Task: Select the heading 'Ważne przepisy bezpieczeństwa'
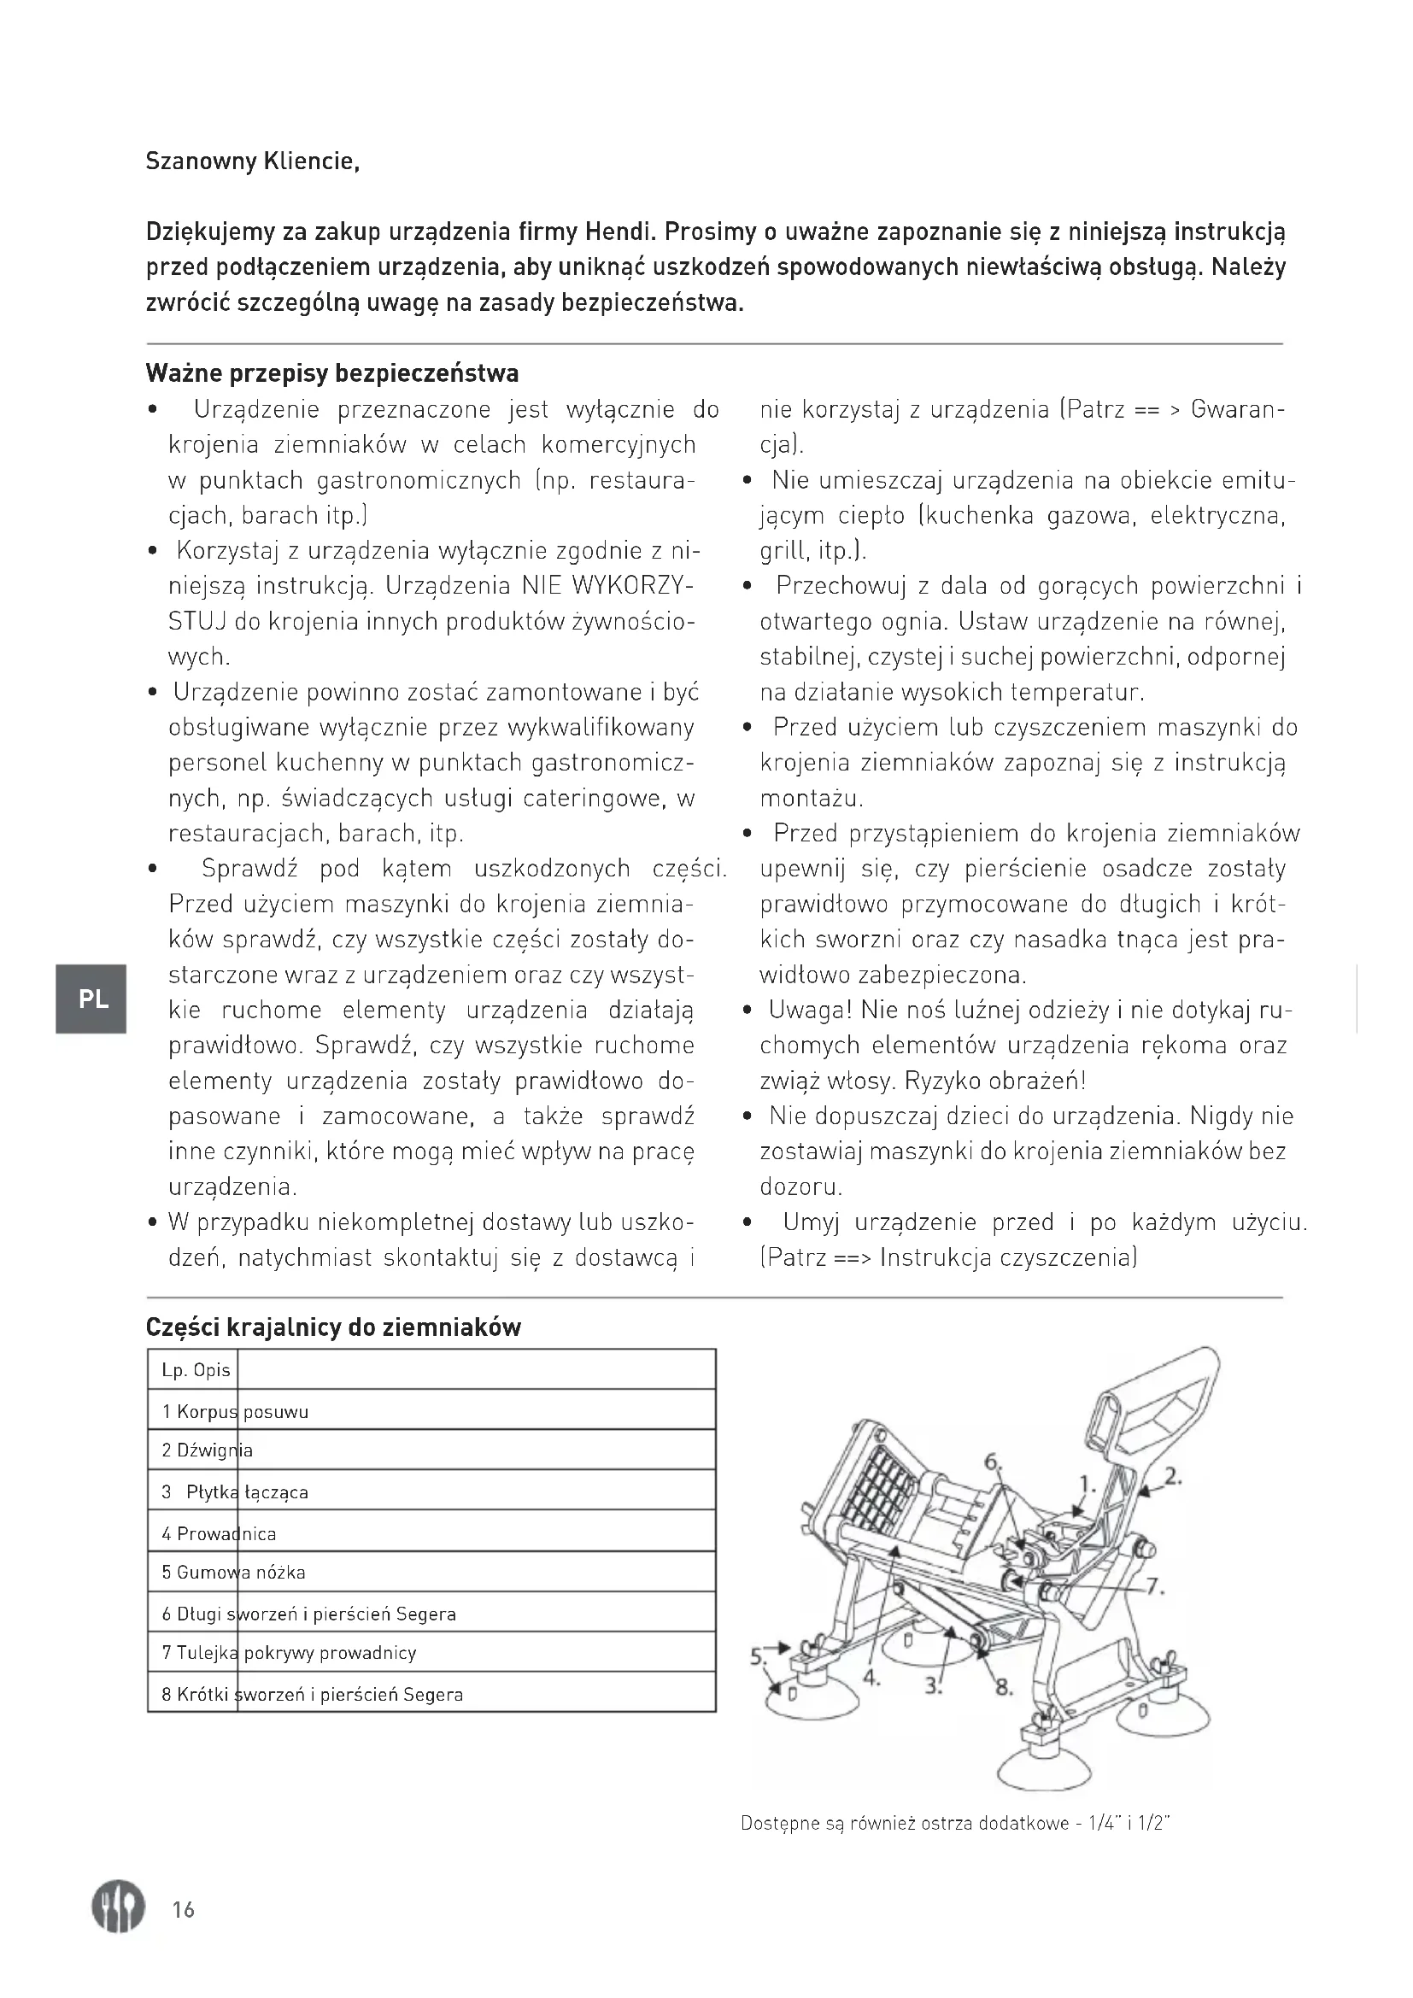332,373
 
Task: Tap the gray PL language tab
91,999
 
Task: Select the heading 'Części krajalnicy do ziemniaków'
333,1327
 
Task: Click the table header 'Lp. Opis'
196,1370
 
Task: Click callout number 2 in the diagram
1173,1476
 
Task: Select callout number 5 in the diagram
757,1656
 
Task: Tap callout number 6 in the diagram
992,1462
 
